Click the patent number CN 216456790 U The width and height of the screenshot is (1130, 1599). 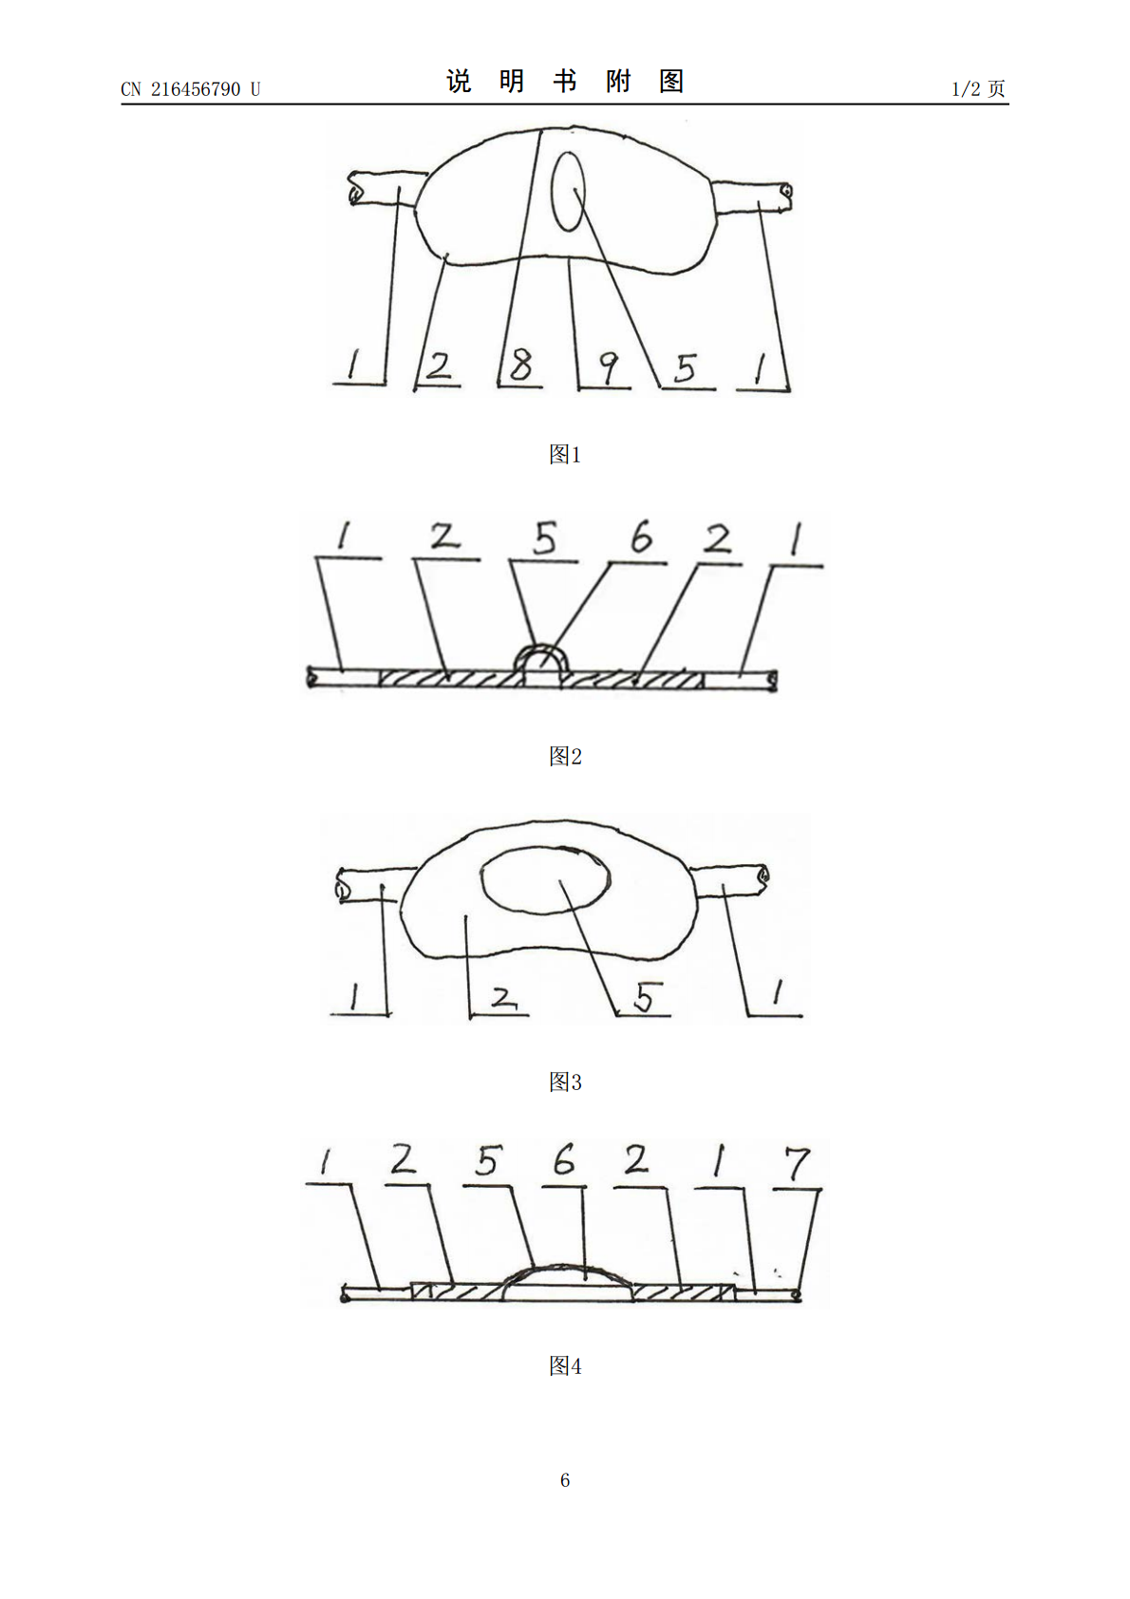click(x=190, y=89)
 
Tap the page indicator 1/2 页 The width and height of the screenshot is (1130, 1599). click(x=978, y=89)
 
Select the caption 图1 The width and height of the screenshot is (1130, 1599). click(x=565, y=454)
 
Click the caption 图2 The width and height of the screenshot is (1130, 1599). click(x=565, y=756)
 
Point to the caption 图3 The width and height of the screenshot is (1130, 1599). click(x=565, y=1082)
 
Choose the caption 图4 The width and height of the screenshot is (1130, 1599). click(x=565, y=1366)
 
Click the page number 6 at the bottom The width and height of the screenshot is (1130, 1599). click(x=565, y=1480)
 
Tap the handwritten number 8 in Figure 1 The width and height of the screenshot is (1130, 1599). click(x=521, y=365)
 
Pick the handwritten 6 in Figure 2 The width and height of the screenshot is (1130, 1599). click(x=641, y=536)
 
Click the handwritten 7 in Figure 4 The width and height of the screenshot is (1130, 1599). click(x=798, y=1164)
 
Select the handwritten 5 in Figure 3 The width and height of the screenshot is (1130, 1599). click(x=645, y=997)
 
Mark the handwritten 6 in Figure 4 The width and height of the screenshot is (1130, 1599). click(x=564, y=1160)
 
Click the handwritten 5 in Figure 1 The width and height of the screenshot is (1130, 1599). click(x=685, y=368)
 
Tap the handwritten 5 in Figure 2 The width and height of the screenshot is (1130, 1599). click(x=545, y=539)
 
